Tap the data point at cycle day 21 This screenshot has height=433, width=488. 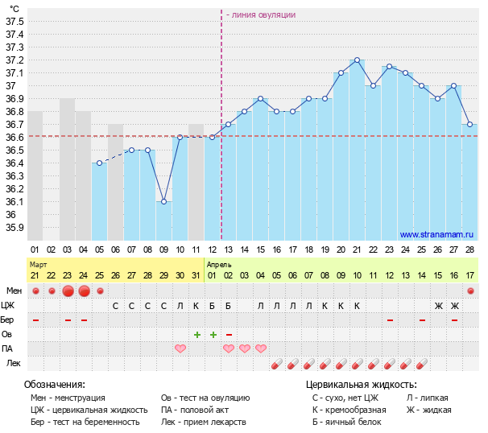pos(357,60)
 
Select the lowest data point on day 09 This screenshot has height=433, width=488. pos(163,201)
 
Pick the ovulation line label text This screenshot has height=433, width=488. pos(261,14)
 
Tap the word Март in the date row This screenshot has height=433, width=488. pos(38,264)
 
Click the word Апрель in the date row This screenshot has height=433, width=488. pos(219,264)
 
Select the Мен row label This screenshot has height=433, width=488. pos(14,291)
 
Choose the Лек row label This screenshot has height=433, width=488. pos(14,363)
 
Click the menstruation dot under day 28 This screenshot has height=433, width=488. pos(470,291)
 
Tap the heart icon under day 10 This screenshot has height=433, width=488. pos(180,348)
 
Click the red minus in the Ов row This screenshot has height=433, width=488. pos(229,334)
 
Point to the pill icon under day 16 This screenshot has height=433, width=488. pos(277,364)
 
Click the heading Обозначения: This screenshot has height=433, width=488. pos(55,385)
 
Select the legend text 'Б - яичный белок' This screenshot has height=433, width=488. pos(347,422)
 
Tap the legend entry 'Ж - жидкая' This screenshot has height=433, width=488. pos(428,410)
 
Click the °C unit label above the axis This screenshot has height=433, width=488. pos(14,8)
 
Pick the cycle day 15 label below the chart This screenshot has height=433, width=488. pos(260,250)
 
